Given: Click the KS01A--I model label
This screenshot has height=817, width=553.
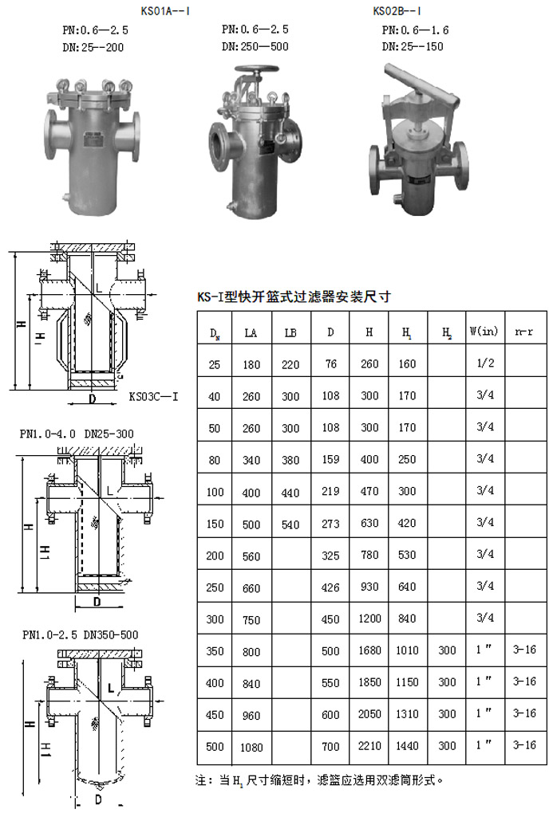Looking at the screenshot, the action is [x=165, y=11].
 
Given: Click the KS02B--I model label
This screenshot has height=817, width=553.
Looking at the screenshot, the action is [x=397, y=11].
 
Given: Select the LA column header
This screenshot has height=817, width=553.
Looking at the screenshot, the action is [x=251, y=333].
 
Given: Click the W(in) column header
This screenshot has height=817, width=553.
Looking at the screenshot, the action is [x=484, y=331].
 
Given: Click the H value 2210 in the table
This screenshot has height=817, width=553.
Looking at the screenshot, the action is [x=369, y=745].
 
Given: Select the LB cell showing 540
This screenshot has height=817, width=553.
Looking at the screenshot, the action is [x=290, y=524].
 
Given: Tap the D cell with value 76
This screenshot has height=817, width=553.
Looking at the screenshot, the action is [x=330, y=363].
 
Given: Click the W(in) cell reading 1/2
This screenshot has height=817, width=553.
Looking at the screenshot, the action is [x=485, y=363].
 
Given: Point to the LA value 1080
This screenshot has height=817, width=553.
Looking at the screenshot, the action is [x=251, y=748].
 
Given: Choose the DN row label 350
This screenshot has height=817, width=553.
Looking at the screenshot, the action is [x=215, y=650].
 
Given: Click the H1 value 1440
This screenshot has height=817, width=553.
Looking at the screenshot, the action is [x=407, y=745].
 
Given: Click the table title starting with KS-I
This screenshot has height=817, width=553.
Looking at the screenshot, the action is [x=294, y=297].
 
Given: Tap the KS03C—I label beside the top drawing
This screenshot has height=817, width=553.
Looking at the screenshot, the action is [x=153, y=396].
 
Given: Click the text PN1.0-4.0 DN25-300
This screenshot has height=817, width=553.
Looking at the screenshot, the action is [x=77, y=434].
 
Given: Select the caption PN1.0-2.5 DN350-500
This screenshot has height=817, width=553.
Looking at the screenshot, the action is [x=81, y=634].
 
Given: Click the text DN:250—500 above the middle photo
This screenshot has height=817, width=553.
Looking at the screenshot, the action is [x=255, y=46].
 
